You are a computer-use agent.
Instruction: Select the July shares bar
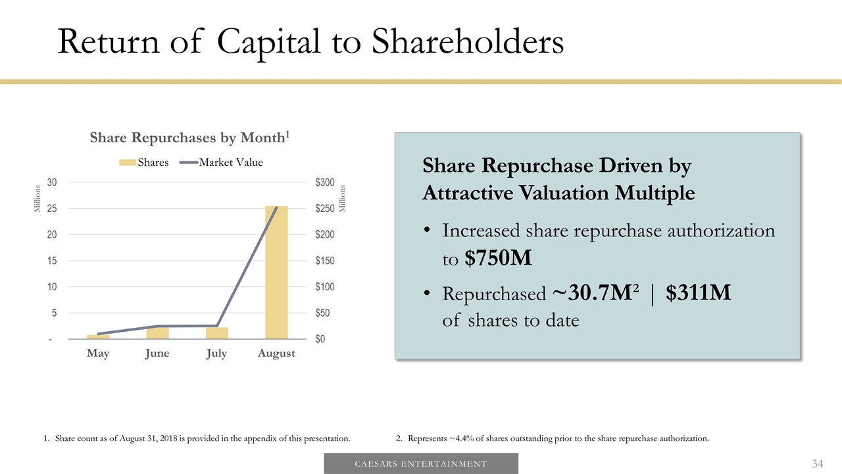click(217, 333)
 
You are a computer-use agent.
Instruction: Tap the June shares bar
click(158, 333)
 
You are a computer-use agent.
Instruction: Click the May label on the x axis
click(98, 354)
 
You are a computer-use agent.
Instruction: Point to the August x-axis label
click(276, 354)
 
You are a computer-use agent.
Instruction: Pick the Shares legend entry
click(144, 163)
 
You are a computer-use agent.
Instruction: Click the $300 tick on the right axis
click(325, 182)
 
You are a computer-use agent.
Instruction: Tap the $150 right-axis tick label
click(325, 261)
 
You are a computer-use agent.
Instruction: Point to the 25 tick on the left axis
click(52, 208)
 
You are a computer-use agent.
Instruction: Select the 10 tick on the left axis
click(52, 287)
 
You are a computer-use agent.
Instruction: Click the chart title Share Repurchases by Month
click(189, 138)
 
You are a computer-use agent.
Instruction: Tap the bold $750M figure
click(498, 259)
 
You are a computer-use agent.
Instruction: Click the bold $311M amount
click(698, 294)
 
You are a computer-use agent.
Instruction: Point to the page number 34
click(818, 464)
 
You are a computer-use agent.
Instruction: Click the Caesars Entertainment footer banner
click(421, 463)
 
